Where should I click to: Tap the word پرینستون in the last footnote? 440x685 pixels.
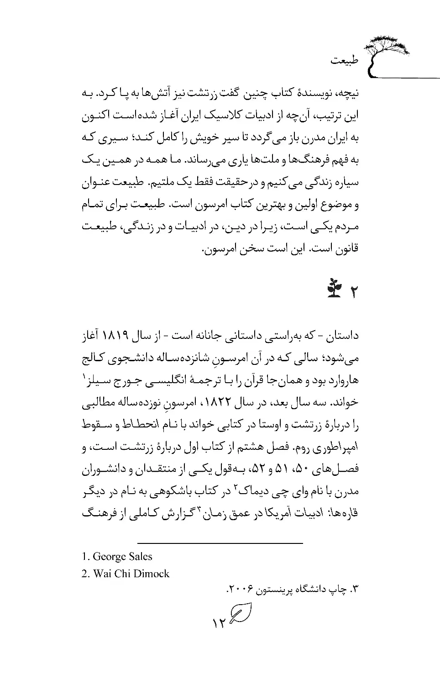pyautogui.click(x=273, y=590)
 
